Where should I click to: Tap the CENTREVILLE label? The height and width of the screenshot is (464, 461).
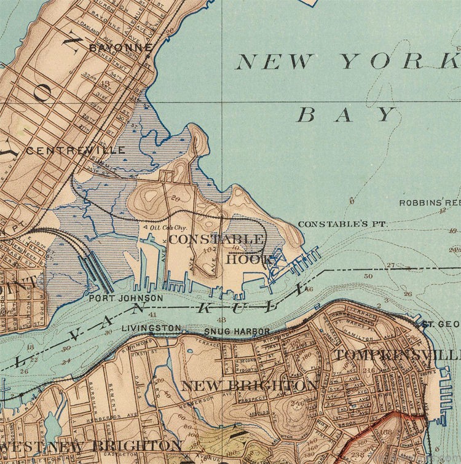76,150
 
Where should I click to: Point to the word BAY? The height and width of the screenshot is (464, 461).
346,114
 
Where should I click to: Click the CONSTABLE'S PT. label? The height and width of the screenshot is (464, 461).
342,224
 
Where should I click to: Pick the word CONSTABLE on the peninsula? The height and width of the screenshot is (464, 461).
216,238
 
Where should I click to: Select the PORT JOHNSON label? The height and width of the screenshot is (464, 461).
126,299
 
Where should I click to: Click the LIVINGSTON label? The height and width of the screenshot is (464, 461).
151,328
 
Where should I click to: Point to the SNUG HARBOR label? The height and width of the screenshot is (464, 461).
229,332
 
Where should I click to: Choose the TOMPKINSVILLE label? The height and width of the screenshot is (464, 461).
397,356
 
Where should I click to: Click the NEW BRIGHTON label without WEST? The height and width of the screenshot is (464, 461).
250,386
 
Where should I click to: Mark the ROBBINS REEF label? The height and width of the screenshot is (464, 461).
430,203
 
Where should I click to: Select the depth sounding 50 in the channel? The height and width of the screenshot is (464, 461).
368,277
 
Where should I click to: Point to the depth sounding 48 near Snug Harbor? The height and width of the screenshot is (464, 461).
222,320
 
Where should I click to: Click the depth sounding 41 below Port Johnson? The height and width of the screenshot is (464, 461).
152,314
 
